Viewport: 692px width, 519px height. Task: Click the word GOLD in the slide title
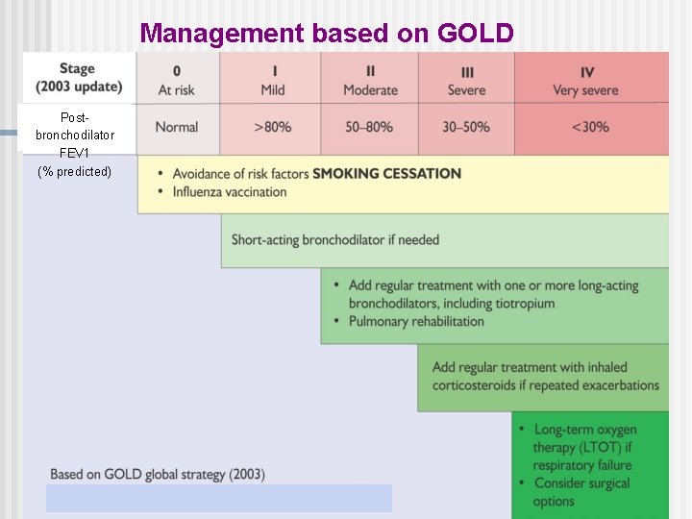click(x=475, y=33)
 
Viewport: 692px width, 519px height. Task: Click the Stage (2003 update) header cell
click(x=78, y=77)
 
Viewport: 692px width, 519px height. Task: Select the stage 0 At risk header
click(x=177, y=80)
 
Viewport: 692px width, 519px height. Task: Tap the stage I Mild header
click(x=273, y=80)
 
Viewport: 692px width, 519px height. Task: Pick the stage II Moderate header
click(x=370, y=80)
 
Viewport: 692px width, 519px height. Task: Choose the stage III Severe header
click(x=467, y=80)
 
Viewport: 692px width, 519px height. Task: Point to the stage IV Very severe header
click(x=586, y=80)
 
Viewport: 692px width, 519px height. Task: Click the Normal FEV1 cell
click(x=177, y=127)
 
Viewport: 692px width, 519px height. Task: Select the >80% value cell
click(x=273, y=127)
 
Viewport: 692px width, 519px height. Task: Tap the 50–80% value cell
click(x=370, y=127)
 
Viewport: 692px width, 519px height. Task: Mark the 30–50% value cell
click(x=467, y=127)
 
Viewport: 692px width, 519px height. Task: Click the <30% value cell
click(x=589, y=127)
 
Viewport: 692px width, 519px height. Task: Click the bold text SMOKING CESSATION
click(x=386, y=174)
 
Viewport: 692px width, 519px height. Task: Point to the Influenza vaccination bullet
click(x=230, y=192)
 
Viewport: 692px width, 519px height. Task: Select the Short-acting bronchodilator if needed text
click(x=334, y=240)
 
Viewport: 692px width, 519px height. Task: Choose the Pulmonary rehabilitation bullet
click(x=416, y=322)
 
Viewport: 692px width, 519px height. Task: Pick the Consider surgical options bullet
click(x=581, y=492)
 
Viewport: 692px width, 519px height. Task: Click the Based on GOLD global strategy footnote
click(x=158, y=474)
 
